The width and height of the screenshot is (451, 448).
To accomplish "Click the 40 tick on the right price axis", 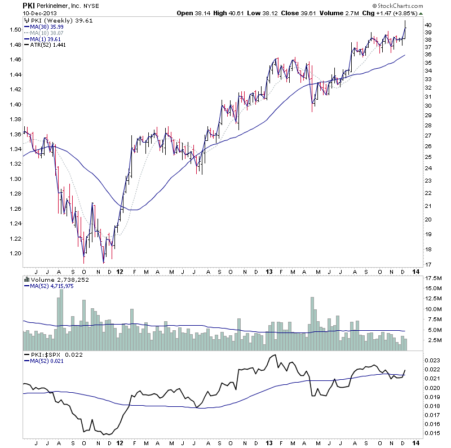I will [x=428, y=25].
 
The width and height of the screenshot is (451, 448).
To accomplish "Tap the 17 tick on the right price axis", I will [x=428, y=264].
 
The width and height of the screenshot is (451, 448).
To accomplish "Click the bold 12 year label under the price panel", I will [x=119, y=271].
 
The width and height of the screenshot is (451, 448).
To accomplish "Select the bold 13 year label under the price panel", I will [x=269, y=271].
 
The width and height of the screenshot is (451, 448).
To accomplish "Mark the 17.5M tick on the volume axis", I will [x=434, y=278].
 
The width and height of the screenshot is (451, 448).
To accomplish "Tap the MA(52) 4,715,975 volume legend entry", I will [x=51, y=286].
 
